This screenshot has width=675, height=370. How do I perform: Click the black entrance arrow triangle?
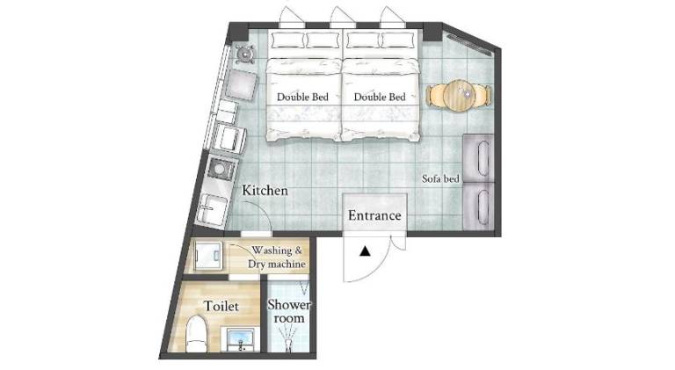(365, 250)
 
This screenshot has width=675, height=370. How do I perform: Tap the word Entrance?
(374, 215)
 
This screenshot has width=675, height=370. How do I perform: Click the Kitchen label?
(265, 191)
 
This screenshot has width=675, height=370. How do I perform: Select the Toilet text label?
(221, 306)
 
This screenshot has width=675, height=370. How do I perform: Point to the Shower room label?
(289, 311)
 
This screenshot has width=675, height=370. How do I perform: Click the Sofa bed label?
(440, 178)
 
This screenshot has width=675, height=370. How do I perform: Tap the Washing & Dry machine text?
(277, 257)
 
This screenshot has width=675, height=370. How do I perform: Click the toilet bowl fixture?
(196, 334)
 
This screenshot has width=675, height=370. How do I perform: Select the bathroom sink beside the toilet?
(240, 338)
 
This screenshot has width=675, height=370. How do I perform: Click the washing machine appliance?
(208, 257)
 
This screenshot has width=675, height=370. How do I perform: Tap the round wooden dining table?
(460, 96)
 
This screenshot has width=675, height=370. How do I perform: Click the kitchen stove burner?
(220, 170)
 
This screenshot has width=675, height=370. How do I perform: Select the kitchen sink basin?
(212, 209)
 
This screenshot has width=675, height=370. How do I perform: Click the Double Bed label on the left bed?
(302, 98)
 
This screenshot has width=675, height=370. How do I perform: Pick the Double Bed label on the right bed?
(380, 98)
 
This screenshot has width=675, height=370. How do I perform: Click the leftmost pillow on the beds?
(287, 40)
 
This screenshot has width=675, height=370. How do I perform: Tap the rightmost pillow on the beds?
(397, 40)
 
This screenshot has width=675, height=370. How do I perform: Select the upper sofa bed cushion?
(479, 157)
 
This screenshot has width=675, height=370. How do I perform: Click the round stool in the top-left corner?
(245, 54)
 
